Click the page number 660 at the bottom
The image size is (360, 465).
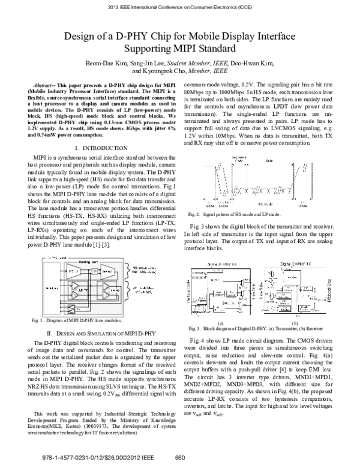179,457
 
